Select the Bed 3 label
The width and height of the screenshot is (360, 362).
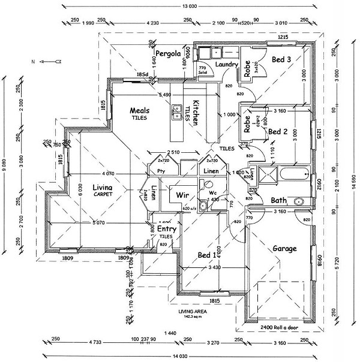(x=281, y=59)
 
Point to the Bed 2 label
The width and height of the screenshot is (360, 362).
(x=278, y=131)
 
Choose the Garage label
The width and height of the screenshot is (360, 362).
(x=286, y=248)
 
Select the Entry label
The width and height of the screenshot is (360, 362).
(x=167, y=229)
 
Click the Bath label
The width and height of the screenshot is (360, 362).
(x=278, y=200)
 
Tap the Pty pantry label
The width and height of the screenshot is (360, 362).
(x=161, y=171)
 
